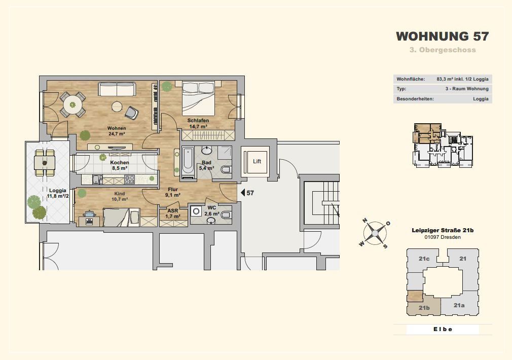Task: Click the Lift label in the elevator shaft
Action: [257, 161]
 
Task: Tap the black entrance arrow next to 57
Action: [243, 193]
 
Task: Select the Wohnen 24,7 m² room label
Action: [117, 131]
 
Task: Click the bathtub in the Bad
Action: [188, 162]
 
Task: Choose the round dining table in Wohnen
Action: [73, 104]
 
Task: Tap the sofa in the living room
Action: [117, 89]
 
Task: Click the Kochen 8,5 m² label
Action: [120, 165]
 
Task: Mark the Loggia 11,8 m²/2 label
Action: [58, 193]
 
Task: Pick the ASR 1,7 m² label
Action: [173, 213]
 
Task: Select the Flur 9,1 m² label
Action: [173, 192]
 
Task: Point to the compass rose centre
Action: [375, 233]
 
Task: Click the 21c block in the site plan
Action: [424, 259]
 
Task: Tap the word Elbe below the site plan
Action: [443, 329]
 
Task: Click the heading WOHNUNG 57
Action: [443, 37]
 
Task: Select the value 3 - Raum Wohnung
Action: [467, 89]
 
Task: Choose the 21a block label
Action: [459, 305]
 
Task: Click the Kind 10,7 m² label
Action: [120, 196]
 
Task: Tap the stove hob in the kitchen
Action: [130, 179]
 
